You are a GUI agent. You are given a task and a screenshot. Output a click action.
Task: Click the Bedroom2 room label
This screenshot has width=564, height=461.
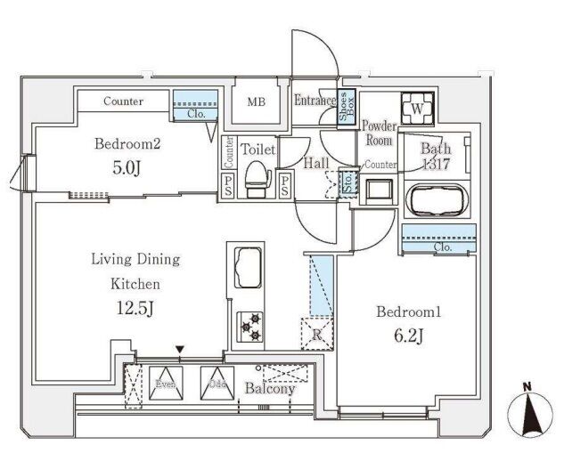pyautogui.click(x=127, y=143)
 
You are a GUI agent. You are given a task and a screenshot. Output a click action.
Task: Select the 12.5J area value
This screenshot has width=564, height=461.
pyautogui.click(x=135, y=309)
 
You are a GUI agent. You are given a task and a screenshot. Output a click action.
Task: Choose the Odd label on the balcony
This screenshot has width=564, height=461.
pyautogui.click(x=215, y=384)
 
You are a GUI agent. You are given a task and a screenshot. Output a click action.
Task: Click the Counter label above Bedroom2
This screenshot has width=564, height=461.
pyautogui.click(x=123, y=101)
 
